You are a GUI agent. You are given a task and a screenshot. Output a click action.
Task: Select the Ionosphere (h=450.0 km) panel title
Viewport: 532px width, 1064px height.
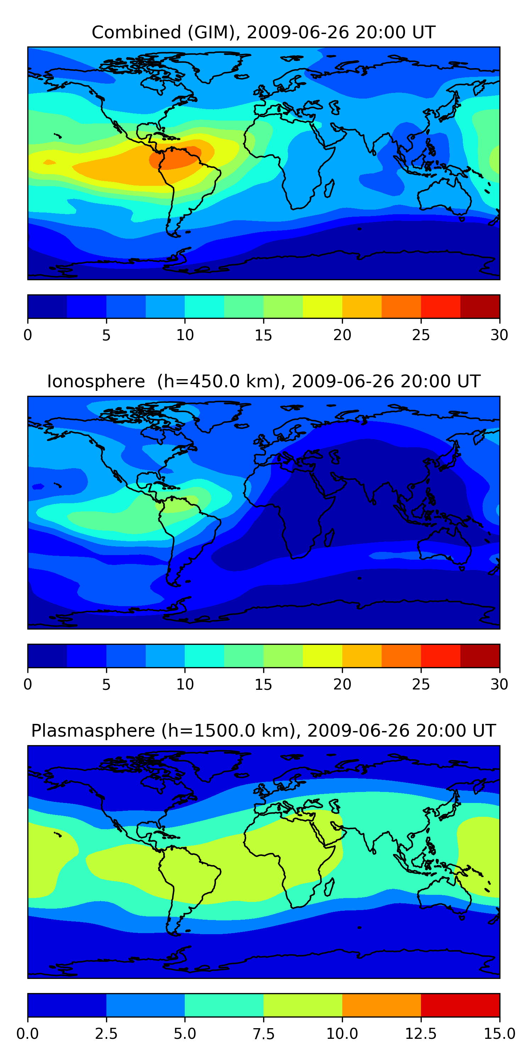click(263, 381)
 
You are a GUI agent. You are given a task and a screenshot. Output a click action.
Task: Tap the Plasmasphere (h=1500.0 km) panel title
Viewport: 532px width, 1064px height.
click(263, 730)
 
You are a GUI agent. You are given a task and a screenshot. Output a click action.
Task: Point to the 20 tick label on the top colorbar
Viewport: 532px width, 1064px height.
click(342, 335)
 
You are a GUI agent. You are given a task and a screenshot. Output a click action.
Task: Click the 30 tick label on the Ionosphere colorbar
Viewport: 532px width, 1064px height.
click(499, 685)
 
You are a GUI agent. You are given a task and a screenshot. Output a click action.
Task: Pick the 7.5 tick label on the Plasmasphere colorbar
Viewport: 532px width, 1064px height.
click(263, 1034)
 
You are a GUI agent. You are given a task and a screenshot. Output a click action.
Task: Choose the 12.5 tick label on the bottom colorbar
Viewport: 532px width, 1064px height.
click(421, 1034)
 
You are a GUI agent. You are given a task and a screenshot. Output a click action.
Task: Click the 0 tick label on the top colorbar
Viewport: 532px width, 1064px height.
click(28, 335)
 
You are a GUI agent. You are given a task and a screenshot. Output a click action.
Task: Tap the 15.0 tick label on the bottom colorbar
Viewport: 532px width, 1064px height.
click(499, 1034)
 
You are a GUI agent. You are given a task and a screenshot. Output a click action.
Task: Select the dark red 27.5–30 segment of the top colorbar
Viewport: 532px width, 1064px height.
click(480, 306)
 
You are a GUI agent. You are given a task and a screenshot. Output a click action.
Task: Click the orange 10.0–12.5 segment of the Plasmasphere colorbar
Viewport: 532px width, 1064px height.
click(381, 1005)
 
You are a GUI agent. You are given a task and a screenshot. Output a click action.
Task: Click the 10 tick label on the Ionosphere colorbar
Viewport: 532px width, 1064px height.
click(185, 685)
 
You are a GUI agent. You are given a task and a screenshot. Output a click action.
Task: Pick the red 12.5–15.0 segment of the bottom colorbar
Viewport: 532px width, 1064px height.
click(460, 1005)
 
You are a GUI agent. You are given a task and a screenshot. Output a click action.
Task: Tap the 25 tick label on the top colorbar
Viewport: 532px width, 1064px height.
click(421, 335)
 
